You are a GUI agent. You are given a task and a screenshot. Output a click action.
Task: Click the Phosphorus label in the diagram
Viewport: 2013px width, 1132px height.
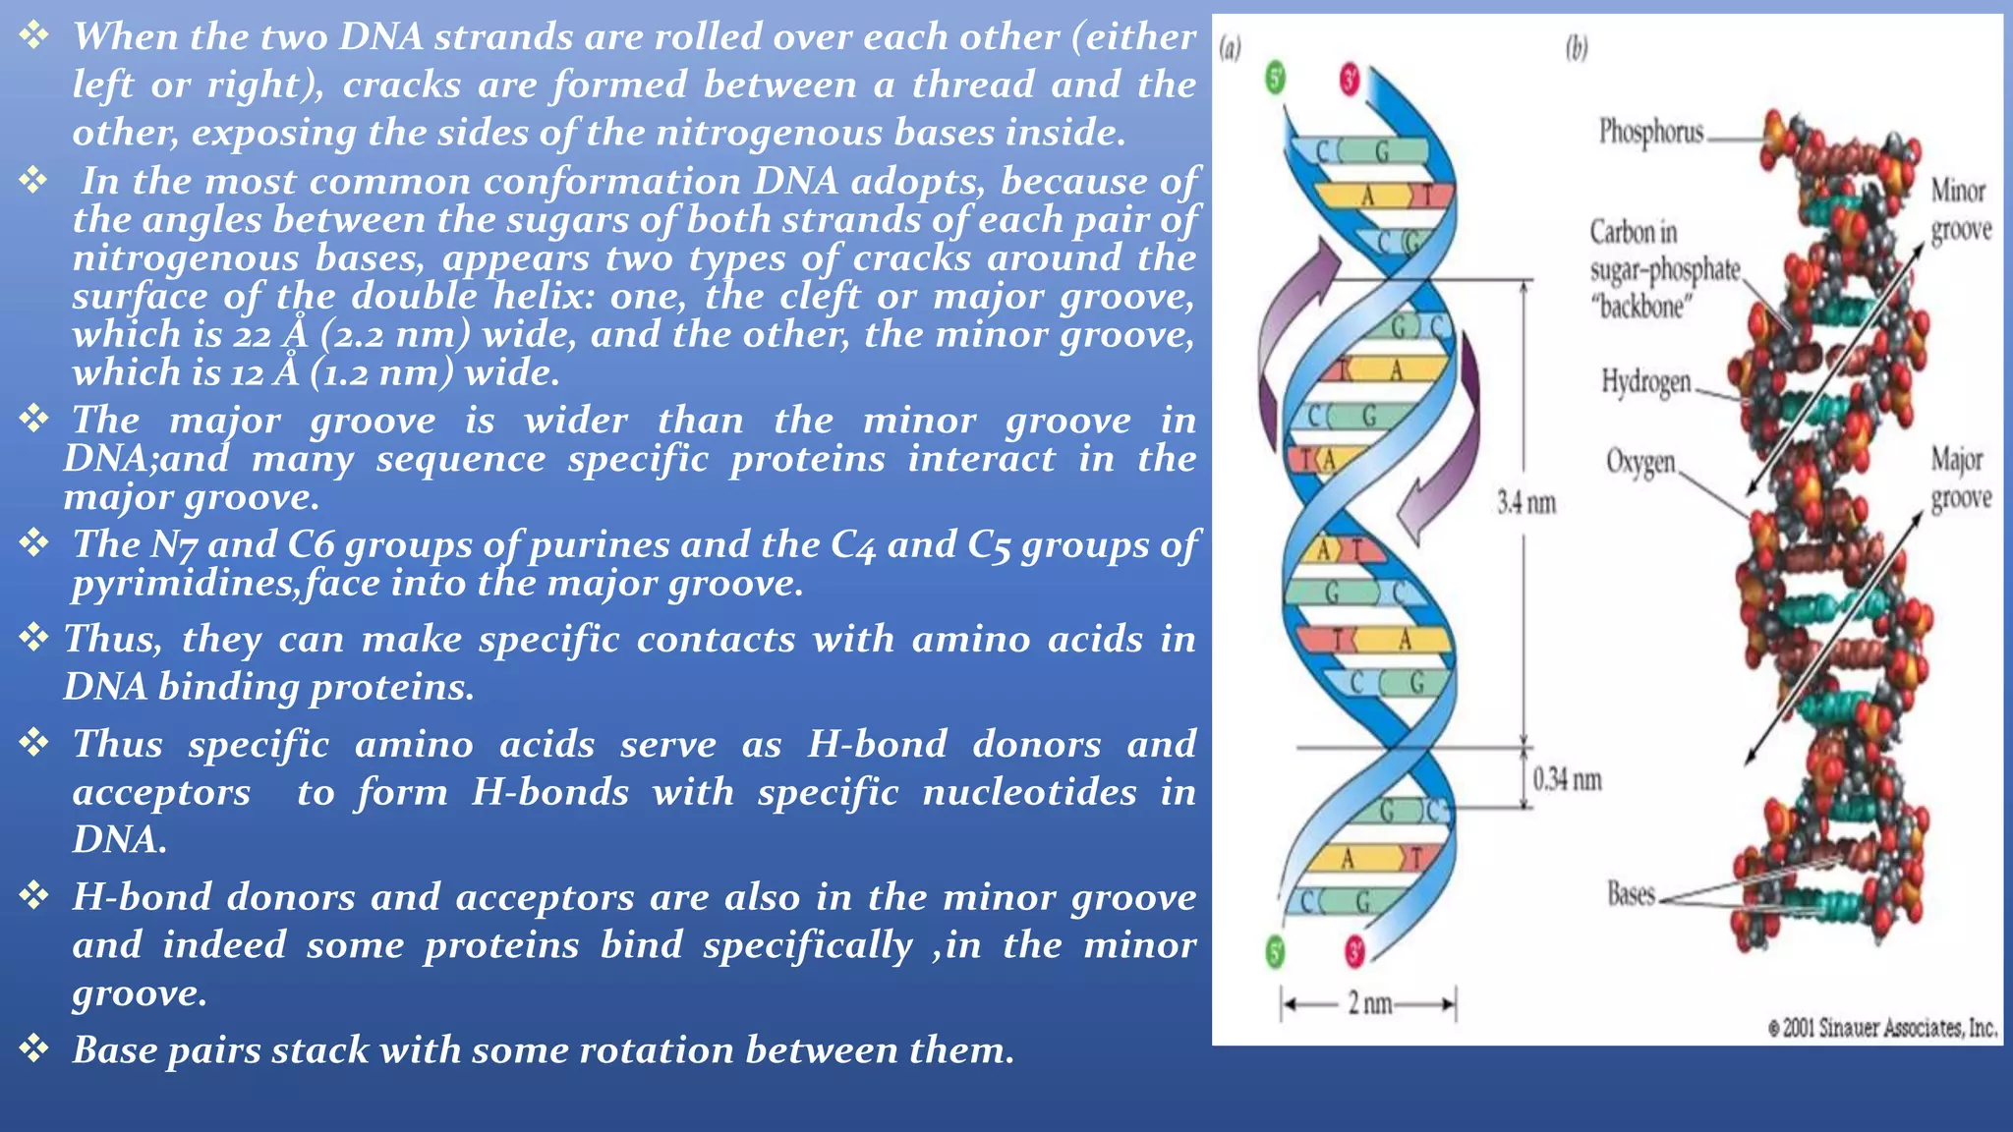[x=1650, y=131]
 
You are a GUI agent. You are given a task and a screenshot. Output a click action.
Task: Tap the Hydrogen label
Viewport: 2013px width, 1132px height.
[x=1645, y=381]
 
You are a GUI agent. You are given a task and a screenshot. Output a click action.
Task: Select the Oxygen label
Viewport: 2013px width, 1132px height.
[x=1639, y=461]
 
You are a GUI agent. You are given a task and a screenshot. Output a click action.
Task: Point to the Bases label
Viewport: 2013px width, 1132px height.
[x=1631, y=893]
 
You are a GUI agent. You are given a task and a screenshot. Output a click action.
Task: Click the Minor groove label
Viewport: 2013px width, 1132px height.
[x=1959, y=209]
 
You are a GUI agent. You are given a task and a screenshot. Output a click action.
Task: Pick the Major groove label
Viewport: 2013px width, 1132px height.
[x=1960, y=479]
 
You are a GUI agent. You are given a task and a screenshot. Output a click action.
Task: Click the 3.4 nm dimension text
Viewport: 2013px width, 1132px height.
[x=1525, y=503]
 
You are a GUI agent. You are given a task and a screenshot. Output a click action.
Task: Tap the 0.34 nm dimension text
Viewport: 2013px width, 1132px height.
[x=1567, y=780]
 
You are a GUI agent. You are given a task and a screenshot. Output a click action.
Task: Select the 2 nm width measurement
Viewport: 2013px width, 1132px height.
[x=1368, y=1003]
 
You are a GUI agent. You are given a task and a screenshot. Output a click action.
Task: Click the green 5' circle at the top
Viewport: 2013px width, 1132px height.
[x=1276, y=78]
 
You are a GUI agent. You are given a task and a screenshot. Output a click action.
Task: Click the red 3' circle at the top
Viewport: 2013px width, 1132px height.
[x=1351, y=80]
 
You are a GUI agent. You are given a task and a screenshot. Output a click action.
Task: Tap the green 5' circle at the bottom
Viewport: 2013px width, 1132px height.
[x=1276, y=951]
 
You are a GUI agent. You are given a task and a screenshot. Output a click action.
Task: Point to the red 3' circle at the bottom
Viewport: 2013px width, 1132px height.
[x=1354, y=951]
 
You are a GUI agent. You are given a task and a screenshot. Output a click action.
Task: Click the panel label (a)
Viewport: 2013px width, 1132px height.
[x=1230, y=47]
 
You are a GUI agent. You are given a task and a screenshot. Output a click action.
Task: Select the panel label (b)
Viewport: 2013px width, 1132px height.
[x=1577, y=47]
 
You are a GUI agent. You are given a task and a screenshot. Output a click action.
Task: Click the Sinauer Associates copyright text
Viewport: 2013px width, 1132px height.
[x=1882, y=1028]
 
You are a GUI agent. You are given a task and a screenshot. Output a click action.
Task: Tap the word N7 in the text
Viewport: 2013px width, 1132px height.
[x=173, y=544]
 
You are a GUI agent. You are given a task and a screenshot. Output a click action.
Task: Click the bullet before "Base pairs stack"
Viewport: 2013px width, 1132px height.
[x=34, y=1049]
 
